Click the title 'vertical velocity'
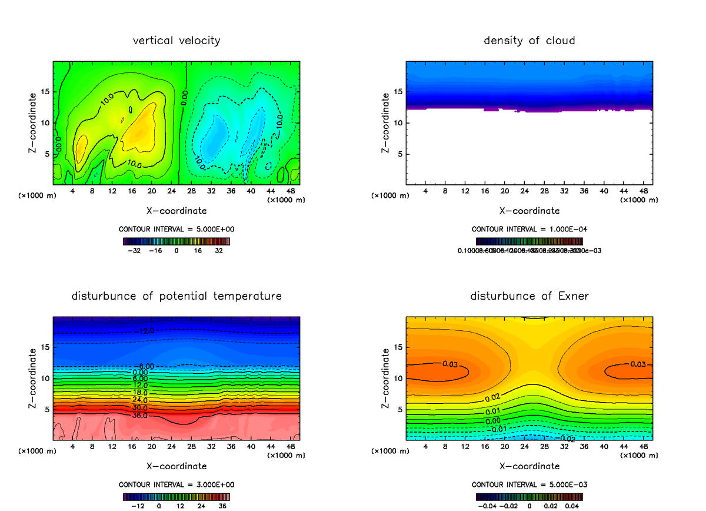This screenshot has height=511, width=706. coord(176,41)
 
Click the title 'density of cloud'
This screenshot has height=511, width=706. coord(529,41)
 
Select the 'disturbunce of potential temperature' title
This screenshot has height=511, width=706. coord(176,296)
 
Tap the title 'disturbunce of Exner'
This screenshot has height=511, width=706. coord(529,296)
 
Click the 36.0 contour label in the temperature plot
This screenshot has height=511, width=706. coord(141,416)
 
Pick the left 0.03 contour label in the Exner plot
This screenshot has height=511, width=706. coord(450,364)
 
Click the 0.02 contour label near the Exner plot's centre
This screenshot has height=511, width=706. coord(492,399)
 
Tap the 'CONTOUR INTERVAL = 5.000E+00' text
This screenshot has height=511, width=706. coord(176,229)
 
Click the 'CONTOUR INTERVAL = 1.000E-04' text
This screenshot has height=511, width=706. coord(529,229)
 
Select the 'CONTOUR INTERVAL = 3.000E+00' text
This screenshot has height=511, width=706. coord(176,485)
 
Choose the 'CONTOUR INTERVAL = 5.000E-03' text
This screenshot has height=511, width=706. coord(529,485)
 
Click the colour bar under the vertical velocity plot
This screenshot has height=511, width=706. coord(176,241)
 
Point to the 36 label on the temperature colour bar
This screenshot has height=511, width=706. coord(222,505)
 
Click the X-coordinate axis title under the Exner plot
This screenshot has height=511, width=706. coord(529,466)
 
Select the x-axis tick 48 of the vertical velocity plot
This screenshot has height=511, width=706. coord(290,191)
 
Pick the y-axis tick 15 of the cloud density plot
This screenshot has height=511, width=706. coord(398,92)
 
